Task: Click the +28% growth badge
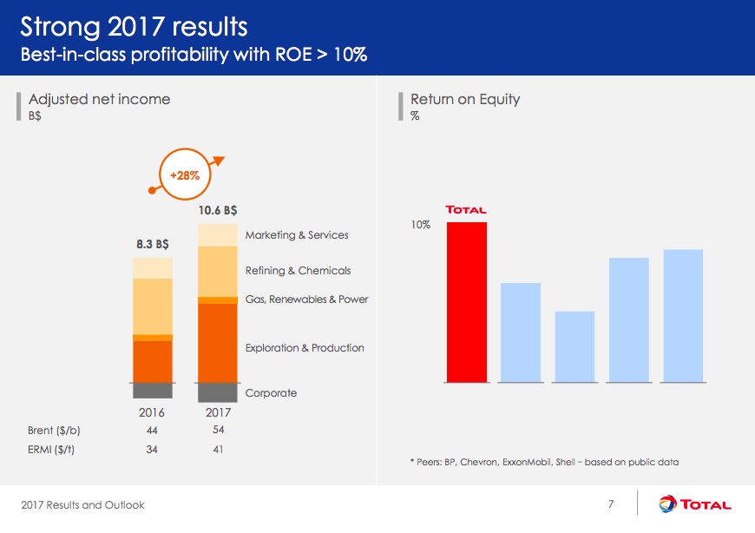point(184,174)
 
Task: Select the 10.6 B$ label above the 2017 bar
point(218,209)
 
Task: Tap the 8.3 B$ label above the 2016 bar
point(153,244)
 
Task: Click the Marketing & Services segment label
point(297,235)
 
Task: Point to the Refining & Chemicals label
point(298,271)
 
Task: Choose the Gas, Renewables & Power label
point(306,299)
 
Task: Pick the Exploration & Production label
point(305,348)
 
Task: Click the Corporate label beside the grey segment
point(271,393)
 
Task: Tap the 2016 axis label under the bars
point(153,412)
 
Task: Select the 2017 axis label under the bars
point(218,412)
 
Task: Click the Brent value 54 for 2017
point(218,430)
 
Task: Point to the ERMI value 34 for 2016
point(153,450)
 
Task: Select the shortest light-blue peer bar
point(574,346)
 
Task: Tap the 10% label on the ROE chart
point(421,224)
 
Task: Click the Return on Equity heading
point(465,99)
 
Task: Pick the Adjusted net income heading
point(99,99)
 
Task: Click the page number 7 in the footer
point(611,504)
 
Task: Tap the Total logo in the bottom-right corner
point(695,504)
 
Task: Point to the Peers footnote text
point(543,462)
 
